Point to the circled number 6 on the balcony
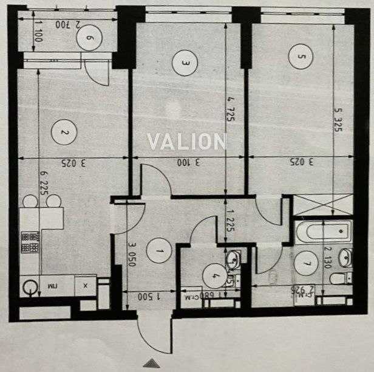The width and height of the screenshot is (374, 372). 89,38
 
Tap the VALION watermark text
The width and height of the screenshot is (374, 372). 187,142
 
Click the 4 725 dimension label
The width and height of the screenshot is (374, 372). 230,109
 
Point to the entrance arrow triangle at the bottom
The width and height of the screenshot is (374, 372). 154,363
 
